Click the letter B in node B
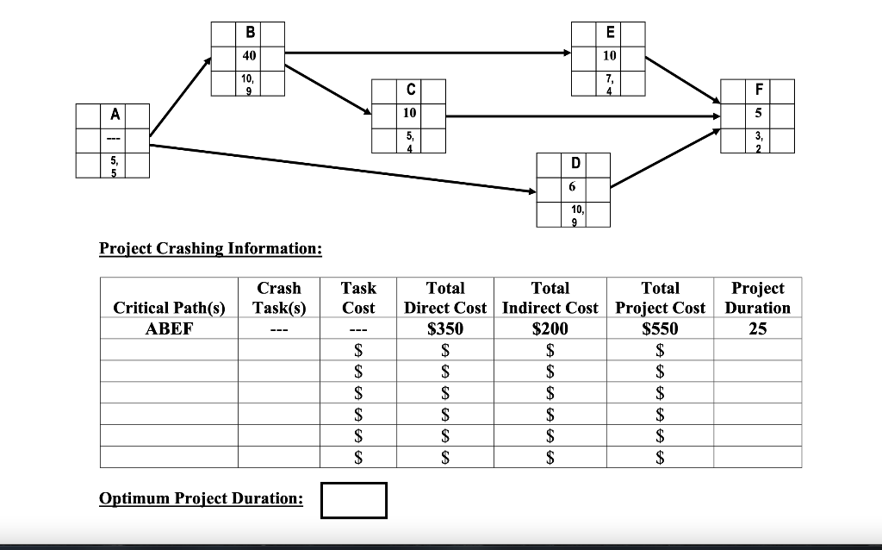[250, 34]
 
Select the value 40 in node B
[250, 57]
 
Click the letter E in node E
[610, 34]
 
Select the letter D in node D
[574, 164]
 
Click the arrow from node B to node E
[426, 53]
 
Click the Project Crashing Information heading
[211, 249]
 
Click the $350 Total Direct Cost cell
[445, 328]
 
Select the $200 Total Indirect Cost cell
[550, 328]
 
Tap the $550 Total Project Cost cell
[661, 328]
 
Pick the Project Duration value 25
[757, 328]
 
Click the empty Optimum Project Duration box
[354, 500]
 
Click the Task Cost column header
[358, 297]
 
